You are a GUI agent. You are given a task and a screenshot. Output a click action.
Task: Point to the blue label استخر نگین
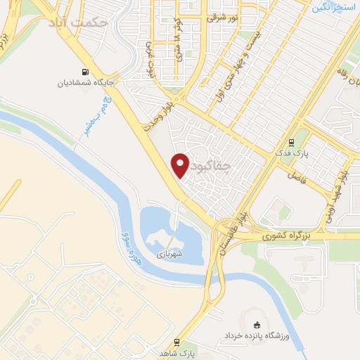(333, 7)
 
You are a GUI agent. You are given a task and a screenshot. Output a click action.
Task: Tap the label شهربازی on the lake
(169, 252)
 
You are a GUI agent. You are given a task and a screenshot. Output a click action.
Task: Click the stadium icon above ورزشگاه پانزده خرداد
(256, 325)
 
